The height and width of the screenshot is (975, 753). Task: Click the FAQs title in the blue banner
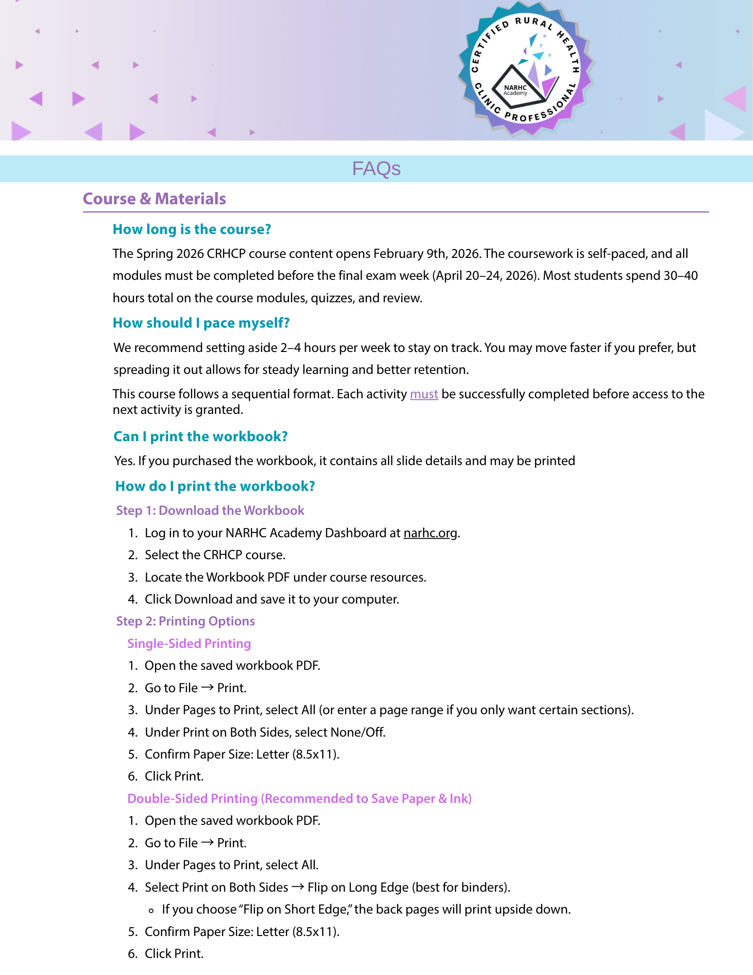pyautogui.click(x=376, y=169)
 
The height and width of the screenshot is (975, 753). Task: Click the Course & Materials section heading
pyautogui.click(x=154, y=199)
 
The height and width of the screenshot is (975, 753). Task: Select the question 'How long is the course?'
pyautogui.click(x=192, y=229)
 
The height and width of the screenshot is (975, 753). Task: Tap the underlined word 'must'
pyautogui.click(x=424, y=394)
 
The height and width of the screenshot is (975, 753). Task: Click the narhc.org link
pyautogui.click(x=430, y=533)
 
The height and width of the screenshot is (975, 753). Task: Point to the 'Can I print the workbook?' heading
pyautogui.click(x=200, y=436)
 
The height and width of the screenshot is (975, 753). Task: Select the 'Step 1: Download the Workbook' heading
pyautogui.click(x=210, y=510)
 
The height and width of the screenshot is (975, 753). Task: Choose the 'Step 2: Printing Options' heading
pyautogui.click(x=185, y=621)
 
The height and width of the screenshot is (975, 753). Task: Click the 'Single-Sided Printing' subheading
pyautogui.click(x=189, y=643)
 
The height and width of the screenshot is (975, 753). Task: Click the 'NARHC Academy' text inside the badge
pyautogui.click(x=515, y=90)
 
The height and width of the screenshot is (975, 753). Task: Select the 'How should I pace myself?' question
pyautogui.click(x=201, y=323)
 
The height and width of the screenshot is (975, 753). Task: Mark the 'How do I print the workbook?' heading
pyautogui.click(x=215, y=486)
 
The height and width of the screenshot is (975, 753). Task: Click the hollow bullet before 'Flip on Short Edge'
pyautogui.click(x=151, y=910)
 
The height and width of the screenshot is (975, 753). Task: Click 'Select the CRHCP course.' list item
pyautogui.click(x=215, y=555)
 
